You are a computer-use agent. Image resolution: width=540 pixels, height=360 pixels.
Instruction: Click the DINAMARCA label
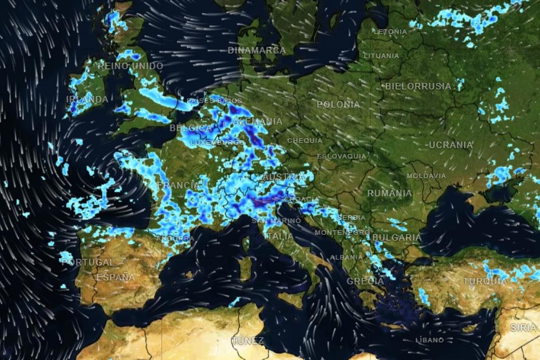[x=256, y=50]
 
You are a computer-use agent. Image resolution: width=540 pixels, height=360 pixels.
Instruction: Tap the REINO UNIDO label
[x=130, y=66]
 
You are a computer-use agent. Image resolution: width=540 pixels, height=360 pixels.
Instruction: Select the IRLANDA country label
[x=87, y=99]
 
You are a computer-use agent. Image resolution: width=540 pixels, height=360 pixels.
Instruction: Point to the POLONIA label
[x=338, y=104]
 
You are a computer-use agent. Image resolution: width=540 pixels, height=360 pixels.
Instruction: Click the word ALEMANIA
[x=258, y=121]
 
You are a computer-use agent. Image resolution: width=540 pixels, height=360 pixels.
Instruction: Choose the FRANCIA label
[x=179, y=185]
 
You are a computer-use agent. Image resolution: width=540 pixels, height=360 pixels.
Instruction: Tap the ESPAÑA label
[x=116, y=277]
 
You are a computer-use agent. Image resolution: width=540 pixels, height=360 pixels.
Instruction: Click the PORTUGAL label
[x=88, y=262]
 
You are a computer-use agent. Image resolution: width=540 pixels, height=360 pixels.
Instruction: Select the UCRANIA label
[x=450, y=145]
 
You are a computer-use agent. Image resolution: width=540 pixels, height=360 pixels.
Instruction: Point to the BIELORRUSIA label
[x=418, y=86]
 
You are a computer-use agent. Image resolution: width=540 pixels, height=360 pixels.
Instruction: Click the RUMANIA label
[x=389, y=193]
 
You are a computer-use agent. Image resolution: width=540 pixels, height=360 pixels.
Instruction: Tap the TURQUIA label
[x=485, y=281]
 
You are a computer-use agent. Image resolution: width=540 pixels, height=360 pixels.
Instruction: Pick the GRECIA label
[x=365, y=281]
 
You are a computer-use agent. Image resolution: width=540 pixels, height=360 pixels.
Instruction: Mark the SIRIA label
[x=523, y=328]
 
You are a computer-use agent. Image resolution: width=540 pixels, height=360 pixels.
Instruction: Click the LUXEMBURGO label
[x=217, y=143]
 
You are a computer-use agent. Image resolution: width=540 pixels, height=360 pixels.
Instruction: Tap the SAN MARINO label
[x=276, y=221]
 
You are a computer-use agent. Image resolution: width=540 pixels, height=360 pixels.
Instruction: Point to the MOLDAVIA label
[x=426, y=176]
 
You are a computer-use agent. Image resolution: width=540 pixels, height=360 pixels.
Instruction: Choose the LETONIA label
[x=390, y=32]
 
